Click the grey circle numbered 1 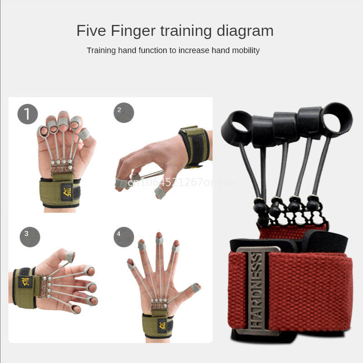[28, 114]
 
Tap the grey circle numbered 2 [124, 113]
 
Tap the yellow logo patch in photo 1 [67, 192]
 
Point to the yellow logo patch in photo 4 [162, 325]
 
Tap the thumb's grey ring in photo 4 [196, 288]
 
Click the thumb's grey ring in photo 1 [83, 133]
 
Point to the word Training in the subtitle [102, 50]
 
